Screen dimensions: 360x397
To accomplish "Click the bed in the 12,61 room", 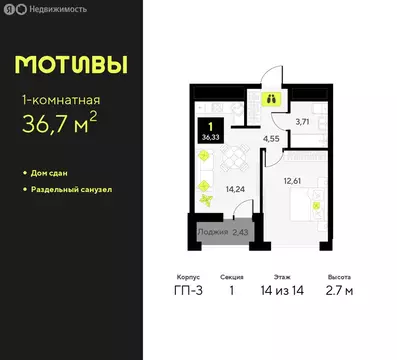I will [x=305, y=205].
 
